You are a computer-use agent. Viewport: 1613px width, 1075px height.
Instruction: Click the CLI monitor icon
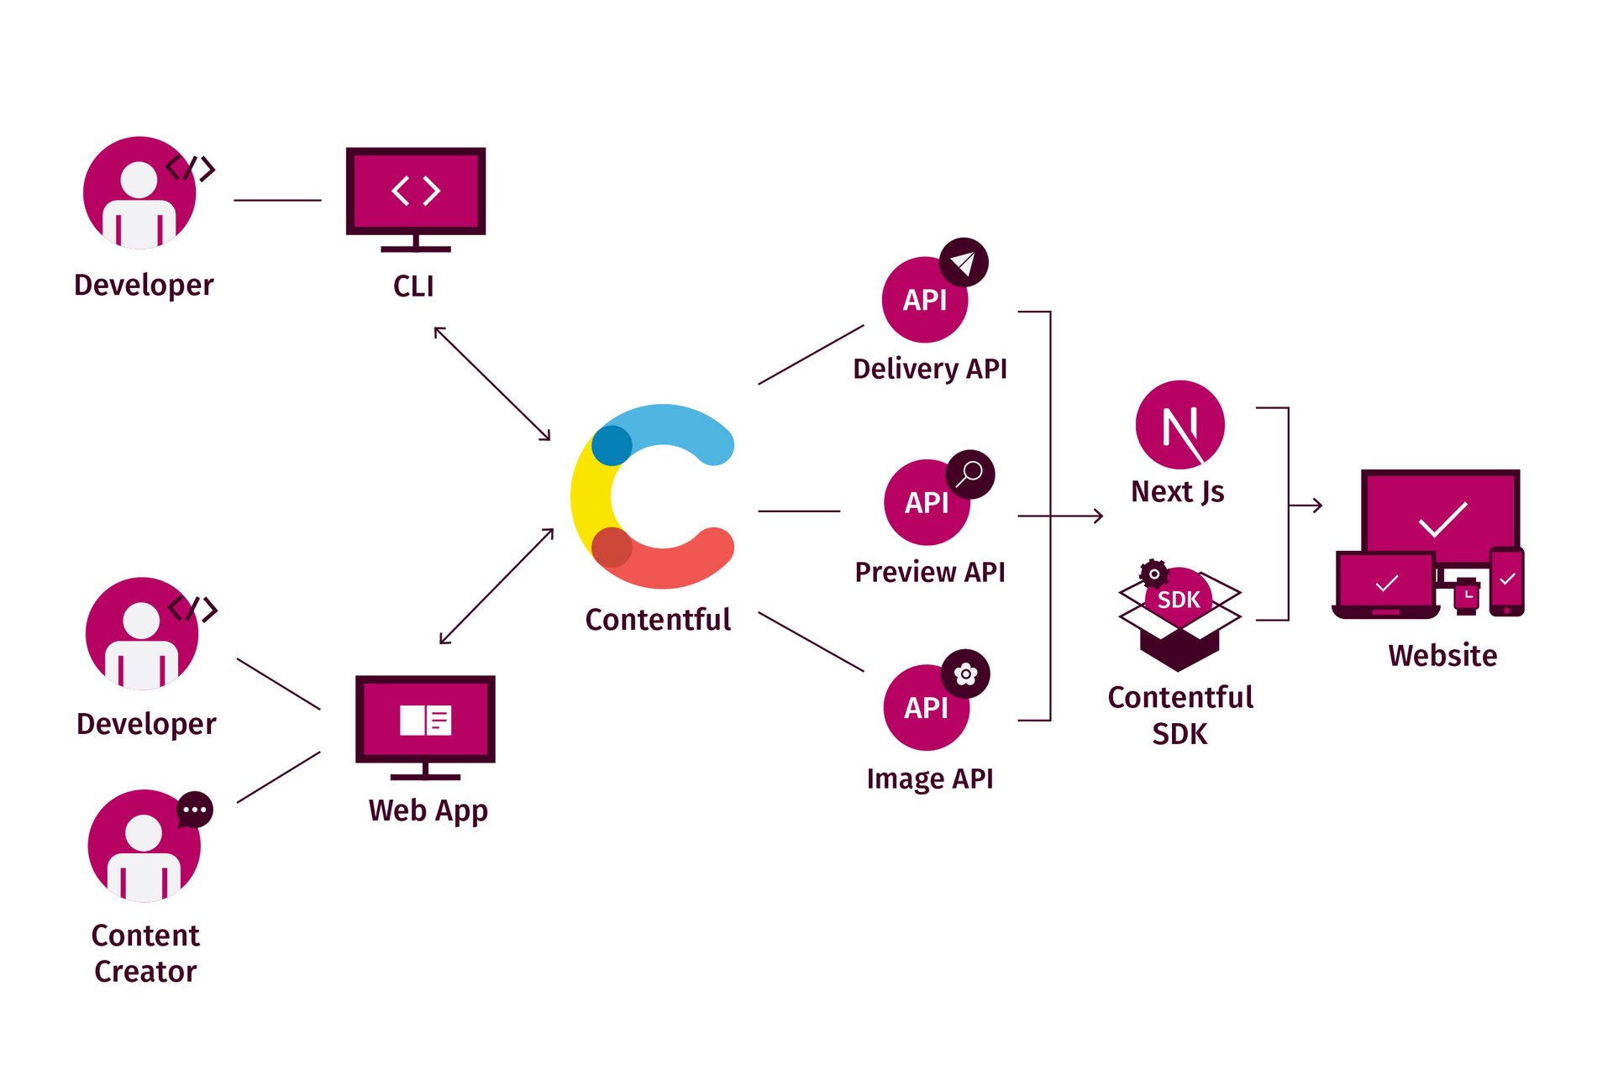tap(416, 198)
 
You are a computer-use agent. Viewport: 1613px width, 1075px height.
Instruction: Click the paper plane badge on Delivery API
tap(964, 263)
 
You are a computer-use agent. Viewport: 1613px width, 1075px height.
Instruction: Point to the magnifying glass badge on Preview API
tap(970, 475)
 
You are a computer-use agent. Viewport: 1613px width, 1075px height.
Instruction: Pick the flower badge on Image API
tap(965, 674)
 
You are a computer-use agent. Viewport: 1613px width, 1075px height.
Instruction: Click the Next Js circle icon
tap(1180, 425)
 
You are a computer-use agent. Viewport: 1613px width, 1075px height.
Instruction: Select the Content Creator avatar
tap(144, 846)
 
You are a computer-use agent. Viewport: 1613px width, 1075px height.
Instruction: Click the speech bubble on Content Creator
tap(195, 810)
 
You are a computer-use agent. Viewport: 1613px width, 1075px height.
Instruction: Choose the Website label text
tap(1442, 655)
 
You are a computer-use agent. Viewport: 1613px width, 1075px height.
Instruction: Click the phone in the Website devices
tap(1507, 581)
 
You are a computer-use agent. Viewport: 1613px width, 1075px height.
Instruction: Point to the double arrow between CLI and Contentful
tap(492, 384)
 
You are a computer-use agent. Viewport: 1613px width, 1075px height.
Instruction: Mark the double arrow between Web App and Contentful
tap(497, 586)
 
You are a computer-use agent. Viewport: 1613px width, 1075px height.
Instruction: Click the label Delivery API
tap(930, 369)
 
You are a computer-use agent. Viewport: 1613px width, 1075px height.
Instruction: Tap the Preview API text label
tap(930, 572)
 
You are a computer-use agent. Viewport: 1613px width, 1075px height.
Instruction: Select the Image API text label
tap(930, 779)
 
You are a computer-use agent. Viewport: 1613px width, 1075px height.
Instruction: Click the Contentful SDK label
tap(1180, 715)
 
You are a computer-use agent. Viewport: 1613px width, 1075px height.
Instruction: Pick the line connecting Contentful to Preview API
tap(799, 511)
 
